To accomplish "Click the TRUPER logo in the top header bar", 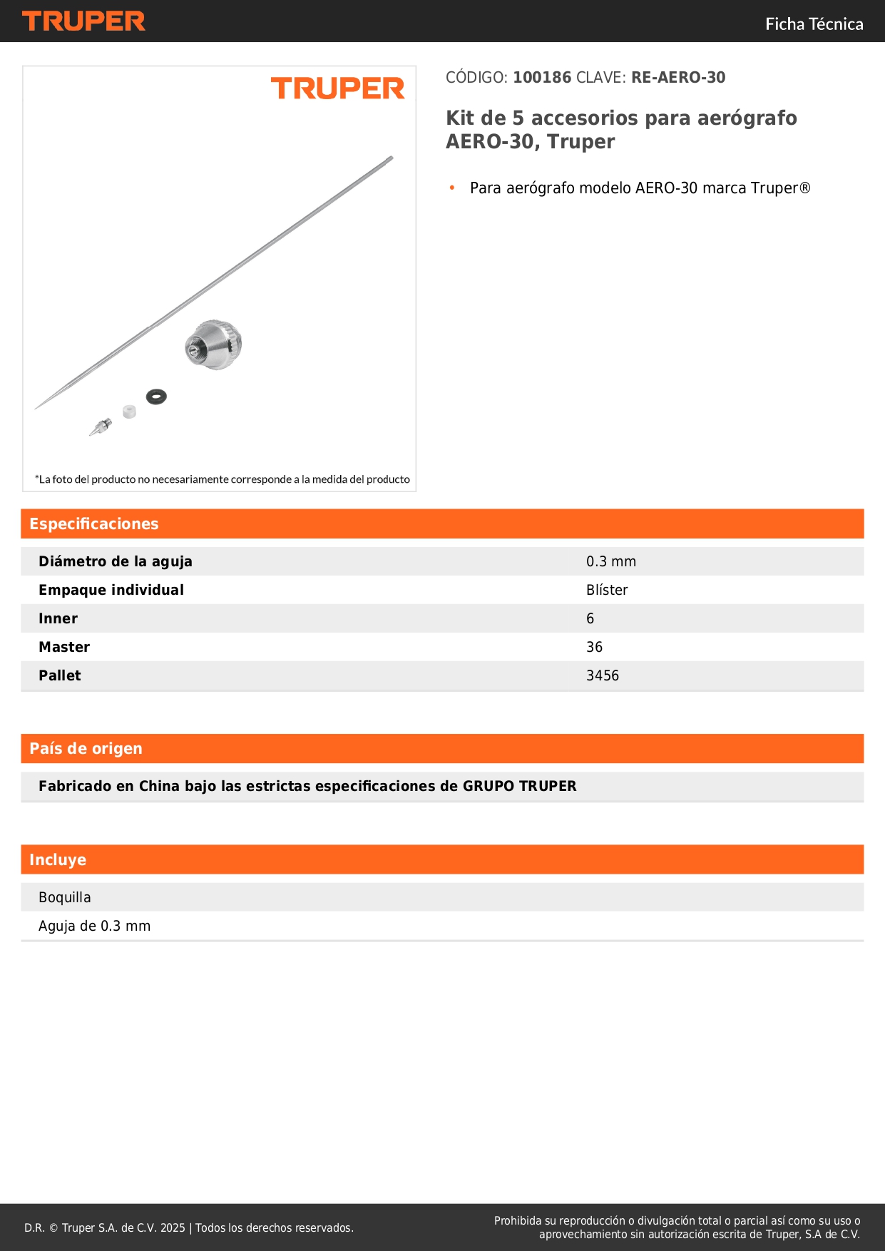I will click(83, 21).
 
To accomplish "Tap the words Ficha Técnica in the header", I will click(814, 24).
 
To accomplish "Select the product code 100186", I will click(542, 78).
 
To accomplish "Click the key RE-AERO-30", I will click(677, 78).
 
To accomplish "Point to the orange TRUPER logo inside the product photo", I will click(337, 88).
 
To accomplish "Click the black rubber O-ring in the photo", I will click(156, 396).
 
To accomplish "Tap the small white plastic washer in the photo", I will click(129, 412).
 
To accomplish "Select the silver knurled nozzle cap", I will click(214, 344).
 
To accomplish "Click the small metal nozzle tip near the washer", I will click(101, 427).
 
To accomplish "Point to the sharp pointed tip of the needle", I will click(37, 407).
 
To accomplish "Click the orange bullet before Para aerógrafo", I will click(452, 188).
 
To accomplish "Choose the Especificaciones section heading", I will click(94, 524).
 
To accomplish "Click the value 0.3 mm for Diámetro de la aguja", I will click(611, 561).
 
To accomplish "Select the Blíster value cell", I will click(607, 590).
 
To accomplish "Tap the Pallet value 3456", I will click(603, 675).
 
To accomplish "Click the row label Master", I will click(64, 647).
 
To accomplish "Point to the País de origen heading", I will click(86, 749).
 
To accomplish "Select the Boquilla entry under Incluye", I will click(65, 897).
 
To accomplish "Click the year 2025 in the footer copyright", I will click(173, 1227).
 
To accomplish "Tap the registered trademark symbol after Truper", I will click(804, 188).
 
